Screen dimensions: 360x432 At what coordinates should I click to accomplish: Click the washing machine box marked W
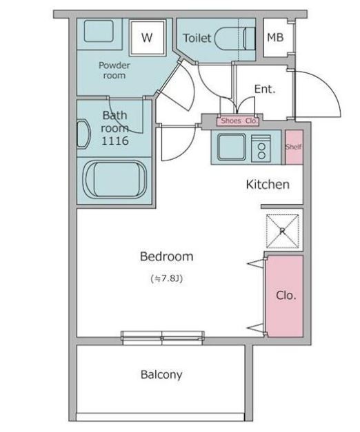tap(148, 37)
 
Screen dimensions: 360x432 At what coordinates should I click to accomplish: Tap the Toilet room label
tap(197, 38)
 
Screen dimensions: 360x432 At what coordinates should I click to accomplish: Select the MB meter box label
tap(275, 37)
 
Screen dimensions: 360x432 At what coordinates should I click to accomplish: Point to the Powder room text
tap(114, 70)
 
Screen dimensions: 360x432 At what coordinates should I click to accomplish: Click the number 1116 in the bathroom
tap(115, 141)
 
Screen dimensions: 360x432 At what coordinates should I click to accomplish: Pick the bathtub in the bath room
tap(114, 179)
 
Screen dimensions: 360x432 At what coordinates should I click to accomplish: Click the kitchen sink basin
tap(232, 147)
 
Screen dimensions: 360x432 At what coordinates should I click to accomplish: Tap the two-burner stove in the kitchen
tap(261, 149)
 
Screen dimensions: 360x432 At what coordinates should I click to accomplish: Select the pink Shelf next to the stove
tap(294, 147)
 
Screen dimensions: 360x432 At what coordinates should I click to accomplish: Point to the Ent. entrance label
tap(265, 90)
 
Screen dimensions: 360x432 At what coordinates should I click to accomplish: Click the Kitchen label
tap(268, 185)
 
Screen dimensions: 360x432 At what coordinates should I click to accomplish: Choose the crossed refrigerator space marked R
tap(283, 231)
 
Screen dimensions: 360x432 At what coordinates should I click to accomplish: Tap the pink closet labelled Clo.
tap(284, 296)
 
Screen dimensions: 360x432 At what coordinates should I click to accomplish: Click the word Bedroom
tap(167, 256)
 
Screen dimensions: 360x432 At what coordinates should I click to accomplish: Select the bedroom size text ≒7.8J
tap(167, 278)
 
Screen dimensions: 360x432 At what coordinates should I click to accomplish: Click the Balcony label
tap(161, 375)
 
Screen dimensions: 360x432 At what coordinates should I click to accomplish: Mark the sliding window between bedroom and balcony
tap(163, 338)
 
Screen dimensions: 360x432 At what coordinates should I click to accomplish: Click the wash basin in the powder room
tap(99, 31)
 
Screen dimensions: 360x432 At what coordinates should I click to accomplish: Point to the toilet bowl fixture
tap(234, 39)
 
